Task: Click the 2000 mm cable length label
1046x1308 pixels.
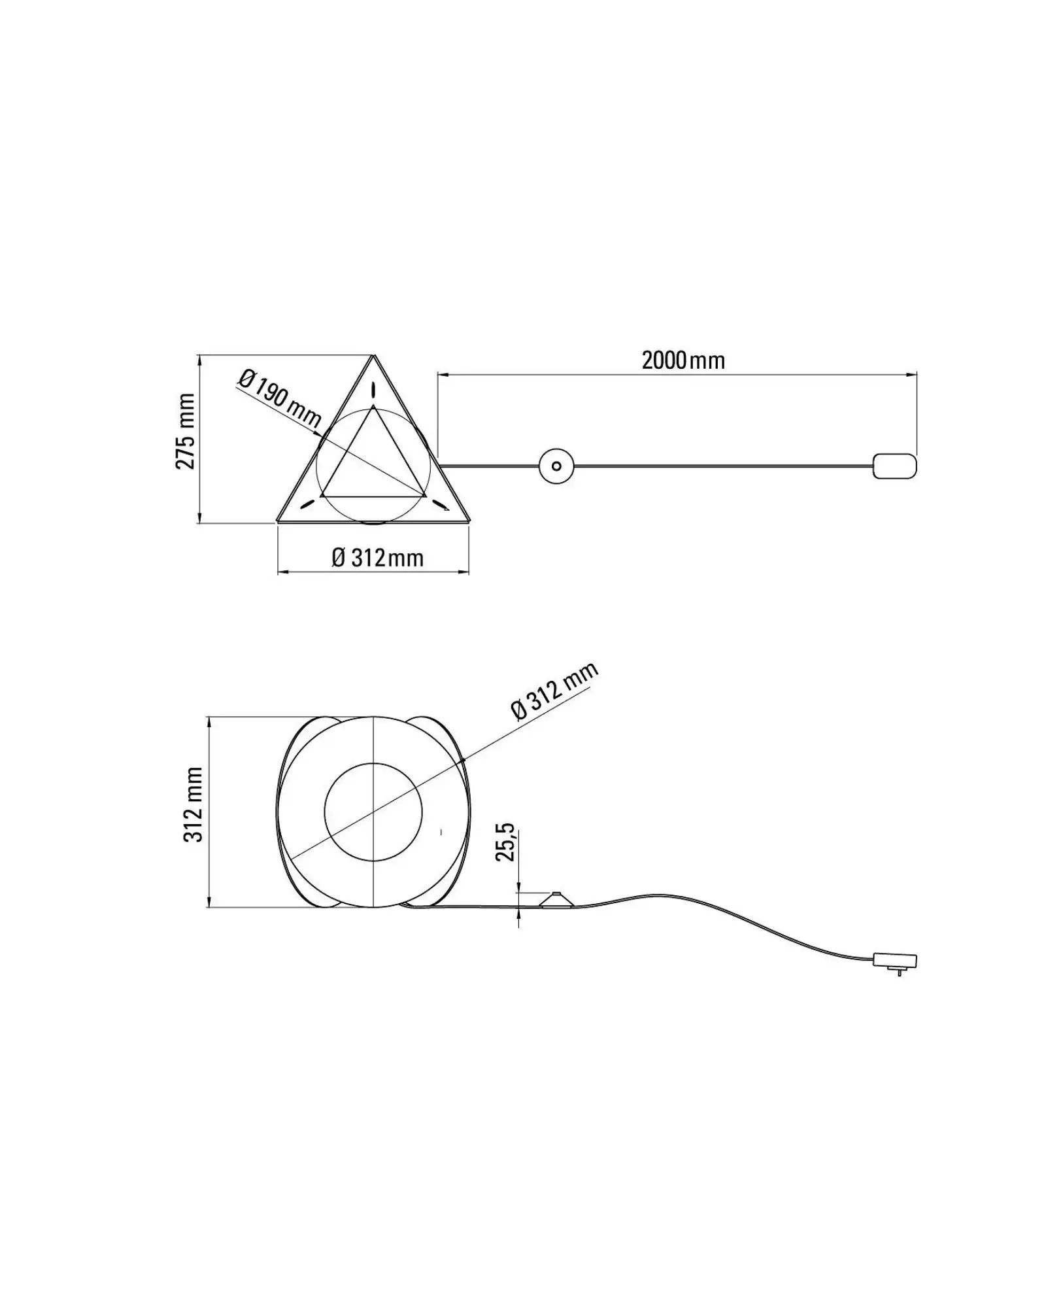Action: click(683, 360)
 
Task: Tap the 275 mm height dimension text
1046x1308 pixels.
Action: click(186, 431)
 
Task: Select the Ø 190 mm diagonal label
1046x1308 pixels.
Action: click(279, 399)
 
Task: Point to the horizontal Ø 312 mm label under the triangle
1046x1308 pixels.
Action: click(378, 558)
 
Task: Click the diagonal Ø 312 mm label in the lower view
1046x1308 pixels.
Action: click(554, 691)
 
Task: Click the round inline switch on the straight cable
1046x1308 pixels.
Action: click(556, 466)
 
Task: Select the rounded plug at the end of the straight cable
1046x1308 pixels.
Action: click(895, 466)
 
